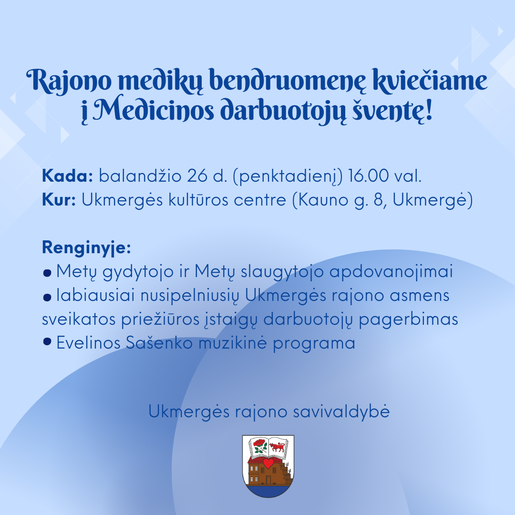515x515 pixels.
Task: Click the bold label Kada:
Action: (x=68, y=176)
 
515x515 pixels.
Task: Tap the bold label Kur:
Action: (x=59, y=200)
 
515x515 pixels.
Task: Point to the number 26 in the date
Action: (x=198, y=176)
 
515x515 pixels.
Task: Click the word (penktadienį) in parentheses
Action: (x=288, y=176)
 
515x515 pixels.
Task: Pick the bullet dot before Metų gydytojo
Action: (x=47, y=273)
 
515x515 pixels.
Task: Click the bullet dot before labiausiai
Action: (x=47, y=297)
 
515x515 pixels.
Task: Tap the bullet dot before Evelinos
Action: (x=47, y=342)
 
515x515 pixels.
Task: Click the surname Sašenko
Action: (x=159, y=343)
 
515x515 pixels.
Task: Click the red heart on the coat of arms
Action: (x=268, y=463)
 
